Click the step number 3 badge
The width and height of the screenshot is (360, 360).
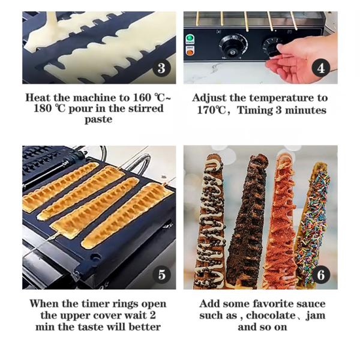click(x=161, y=68)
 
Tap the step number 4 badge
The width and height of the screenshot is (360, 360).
click(x=321, y=68)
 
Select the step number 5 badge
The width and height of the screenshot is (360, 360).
click(x=161, y=275)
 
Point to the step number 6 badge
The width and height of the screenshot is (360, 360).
click(x=321, y=275)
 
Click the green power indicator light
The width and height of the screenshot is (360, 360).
click(x=190, y=38)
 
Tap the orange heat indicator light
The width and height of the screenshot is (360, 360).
click(x=190, y=52)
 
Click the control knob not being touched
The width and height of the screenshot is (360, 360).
click(x=232, y=44)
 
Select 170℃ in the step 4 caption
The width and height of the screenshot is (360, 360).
click(x=211, y=110)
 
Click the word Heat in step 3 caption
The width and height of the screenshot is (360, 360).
click(x=38, y=98)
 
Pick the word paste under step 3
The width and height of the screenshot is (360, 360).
click(x=98, y=119)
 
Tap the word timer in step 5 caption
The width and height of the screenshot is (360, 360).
click(x=95, y=304)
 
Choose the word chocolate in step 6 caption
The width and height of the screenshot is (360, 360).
click(x=271, y=315)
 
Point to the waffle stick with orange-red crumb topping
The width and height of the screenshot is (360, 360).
click(x=281, y=220)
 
